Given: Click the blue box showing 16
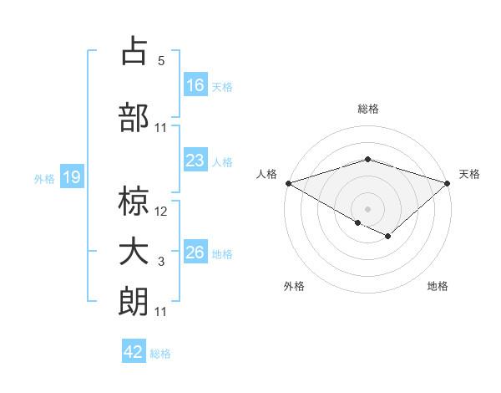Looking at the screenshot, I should click(195, 85).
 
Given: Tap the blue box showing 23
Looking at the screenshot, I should click(195, 161).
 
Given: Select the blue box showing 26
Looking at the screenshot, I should click(195, 253).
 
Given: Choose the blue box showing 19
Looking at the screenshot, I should click(71, 177).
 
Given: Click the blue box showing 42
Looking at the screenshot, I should click(134, 352).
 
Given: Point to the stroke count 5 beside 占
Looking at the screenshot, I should click(161, 61).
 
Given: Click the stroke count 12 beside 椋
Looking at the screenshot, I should click(161, 212).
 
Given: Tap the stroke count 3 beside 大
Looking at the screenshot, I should click(161, 262).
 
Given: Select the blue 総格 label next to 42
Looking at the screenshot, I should click(160, 354).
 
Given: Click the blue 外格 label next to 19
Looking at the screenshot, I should click(44, 178).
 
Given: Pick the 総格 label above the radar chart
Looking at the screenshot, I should click(367, 109).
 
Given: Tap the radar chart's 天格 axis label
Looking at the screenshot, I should click(469, 174).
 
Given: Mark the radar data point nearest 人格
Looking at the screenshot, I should click(288, 182).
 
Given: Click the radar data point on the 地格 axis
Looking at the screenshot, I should click(387, 237).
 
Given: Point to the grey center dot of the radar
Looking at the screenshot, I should click(367, 207).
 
